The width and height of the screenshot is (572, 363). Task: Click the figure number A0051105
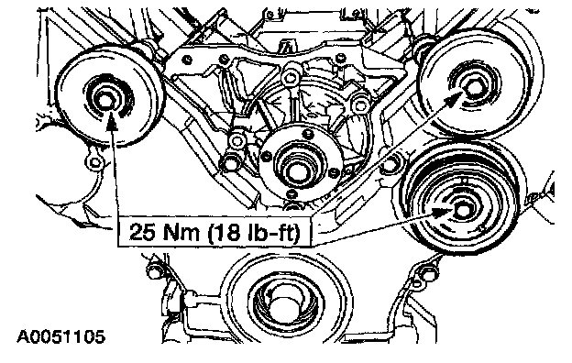(61, 336)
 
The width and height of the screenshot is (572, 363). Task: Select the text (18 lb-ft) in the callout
(254, 233)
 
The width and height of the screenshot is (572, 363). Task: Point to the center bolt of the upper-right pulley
(473, 87)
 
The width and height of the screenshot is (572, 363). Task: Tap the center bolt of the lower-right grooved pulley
(462, 211)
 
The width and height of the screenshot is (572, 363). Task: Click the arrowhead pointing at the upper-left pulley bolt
(112, 121)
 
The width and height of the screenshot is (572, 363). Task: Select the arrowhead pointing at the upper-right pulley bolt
(455, 98)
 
